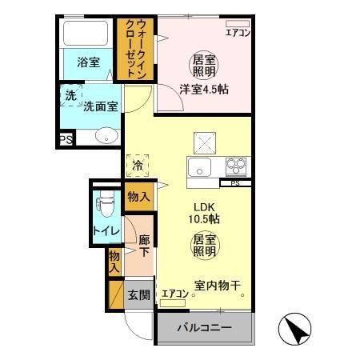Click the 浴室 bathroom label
[x=87, y=61]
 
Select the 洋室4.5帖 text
[x=203, y=90]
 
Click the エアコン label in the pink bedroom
[x=238, y=33]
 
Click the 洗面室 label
[x=101, y=105]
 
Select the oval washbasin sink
[x=105, y=136]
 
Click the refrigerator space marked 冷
[x=138, y=166]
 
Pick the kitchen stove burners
[x=235, y=166]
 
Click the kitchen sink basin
[x=198, y=168]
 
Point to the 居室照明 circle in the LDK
[x=205, y=245]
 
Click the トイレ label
[x=106, y=232]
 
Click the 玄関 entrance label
[x=138, y=295]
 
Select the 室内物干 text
[x=218, y=286]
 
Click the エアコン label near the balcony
[x=174, y=294]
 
